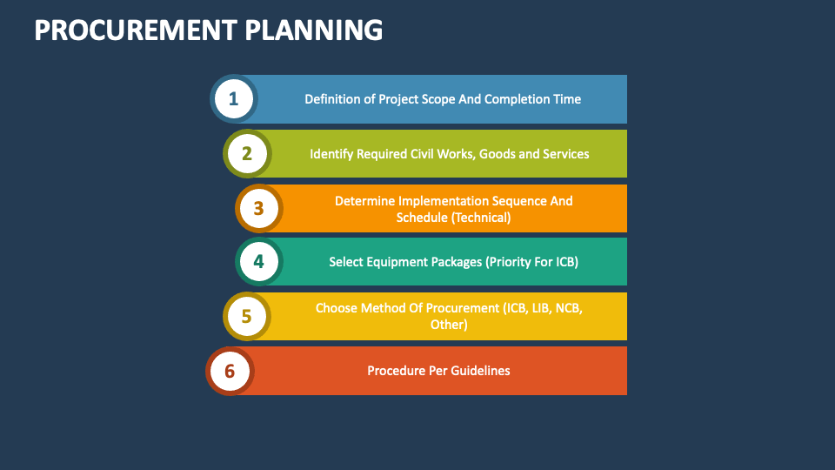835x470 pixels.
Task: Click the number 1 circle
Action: tap(233, 99)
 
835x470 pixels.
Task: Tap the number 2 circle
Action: tap(247, 154)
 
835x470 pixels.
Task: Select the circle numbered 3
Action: tap(258, 209)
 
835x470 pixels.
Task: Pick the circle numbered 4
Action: tap(258, 261)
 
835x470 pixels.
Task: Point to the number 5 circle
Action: tap(247, 316)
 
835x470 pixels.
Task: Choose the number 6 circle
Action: tap(230, 371)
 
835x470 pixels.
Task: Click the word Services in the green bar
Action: tap(565, 154)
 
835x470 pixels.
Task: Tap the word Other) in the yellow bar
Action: tap(449, 325)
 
